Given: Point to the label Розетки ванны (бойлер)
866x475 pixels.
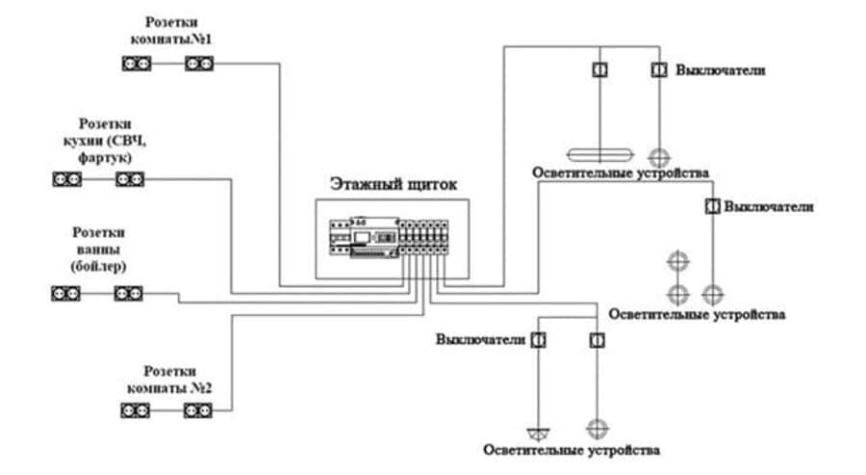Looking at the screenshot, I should pyautogui.click(x=99, y=249).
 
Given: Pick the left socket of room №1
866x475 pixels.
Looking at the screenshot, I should pyautogui.click(x=136, y=65).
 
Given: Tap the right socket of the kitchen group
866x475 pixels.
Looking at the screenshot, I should pyautogui.click(x=130, y=179).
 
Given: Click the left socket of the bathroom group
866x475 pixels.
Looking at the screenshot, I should pyautogui.click(x=65, y=292).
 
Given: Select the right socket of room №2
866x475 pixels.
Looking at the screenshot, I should pyautogui.click(x=198, y=411).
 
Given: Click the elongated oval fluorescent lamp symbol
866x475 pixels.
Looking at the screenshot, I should pyautogui.click(x=598, y=155).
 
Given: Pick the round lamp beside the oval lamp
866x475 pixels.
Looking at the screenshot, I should pyautogui.click(x=659, y=156).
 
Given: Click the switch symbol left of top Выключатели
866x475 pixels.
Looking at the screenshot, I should pyautogui.click(x=659, y=70).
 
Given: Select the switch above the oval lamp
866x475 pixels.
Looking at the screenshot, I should pyautogui.click(x=598, y=70).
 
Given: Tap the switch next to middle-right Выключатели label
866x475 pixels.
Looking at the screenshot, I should pyautogui.click(x=712, y=206).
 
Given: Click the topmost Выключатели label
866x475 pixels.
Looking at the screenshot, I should pyautogui.click(x=721, y=70).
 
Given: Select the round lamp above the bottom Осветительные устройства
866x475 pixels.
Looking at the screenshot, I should pyautogui.click(x=598, y=426).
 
